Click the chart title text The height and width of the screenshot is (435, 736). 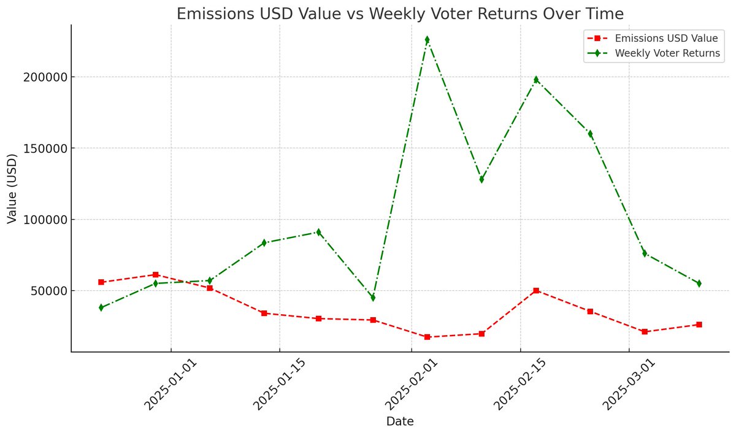point(399,13)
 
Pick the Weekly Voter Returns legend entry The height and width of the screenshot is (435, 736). point(667,53)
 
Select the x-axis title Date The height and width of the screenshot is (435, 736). point(399,422)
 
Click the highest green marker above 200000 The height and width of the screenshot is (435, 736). point(427,40)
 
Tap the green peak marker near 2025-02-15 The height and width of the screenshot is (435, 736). point(536,80)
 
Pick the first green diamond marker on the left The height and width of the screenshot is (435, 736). point(101,307)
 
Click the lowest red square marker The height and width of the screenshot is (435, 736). point(427,337)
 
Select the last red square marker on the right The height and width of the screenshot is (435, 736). point(699,324)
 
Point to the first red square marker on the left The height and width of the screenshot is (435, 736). point(101,282)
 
